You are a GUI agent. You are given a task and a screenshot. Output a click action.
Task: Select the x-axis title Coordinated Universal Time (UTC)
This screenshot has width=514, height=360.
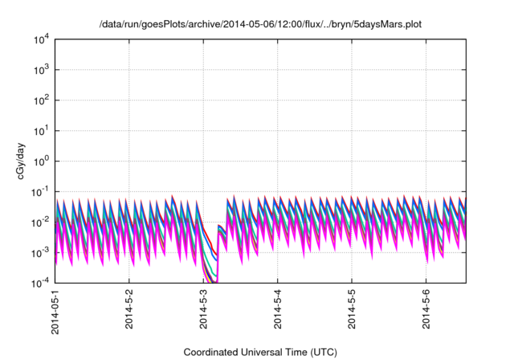pyautogui.click(x=260, y=352)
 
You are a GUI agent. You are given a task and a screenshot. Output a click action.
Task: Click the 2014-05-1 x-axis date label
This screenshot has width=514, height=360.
pyautogui.click(x=55, y=311)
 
